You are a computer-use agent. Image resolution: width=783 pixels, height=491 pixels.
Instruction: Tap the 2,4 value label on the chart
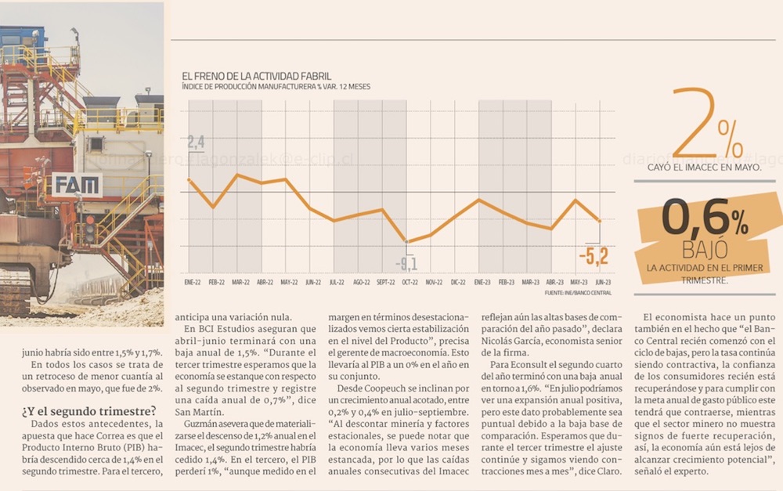[x=195, y=143]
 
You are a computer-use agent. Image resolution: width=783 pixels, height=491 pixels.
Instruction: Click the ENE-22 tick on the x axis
[x=192, y=281]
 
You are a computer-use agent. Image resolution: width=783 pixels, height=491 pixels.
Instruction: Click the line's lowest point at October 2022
[x=406, y=241]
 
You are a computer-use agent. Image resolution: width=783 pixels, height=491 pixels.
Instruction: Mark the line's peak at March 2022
[x=237, y=175]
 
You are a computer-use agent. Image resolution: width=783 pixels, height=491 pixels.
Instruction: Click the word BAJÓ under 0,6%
[x=704, y=249]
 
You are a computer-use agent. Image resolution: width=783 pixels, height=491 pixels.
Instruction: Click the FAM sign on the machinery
[x=77, y=186]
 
